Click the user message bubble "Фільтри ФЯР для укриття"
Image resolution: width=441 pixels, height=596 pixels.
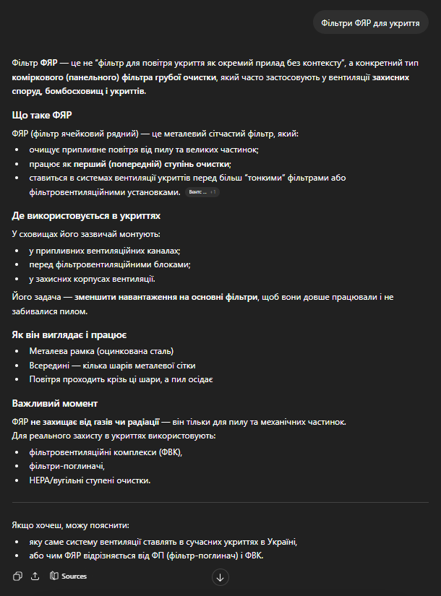(370, 23)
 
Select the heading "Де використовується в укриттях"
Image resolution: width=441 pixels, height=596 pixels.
(86, 215)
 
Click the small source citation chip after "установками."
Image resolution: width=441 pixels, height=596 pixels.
(202, 192)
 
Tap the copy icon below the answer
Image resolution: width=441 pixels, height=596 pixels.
(18, 576)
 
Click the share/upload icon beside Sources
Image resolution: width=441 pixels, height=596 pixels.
(35, 576)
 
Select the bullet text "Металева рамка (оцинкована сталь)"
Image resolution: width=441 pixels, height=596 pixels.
(102, 351)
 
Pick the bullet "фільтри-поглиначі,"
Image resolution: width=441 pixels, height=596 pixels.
(67, 466)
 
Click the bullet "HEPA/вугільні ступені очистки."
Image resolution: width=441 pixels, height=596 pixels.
(90, 480)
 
